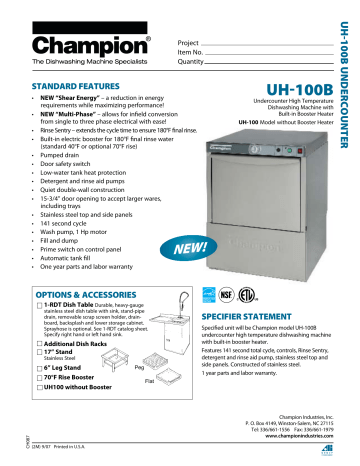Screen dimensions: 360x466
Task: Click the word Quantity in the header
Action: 193,62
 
